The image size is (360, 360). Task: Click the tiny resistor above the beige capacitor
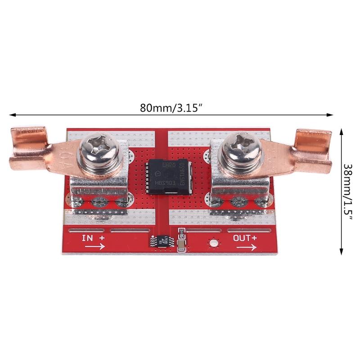(182, 233)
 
